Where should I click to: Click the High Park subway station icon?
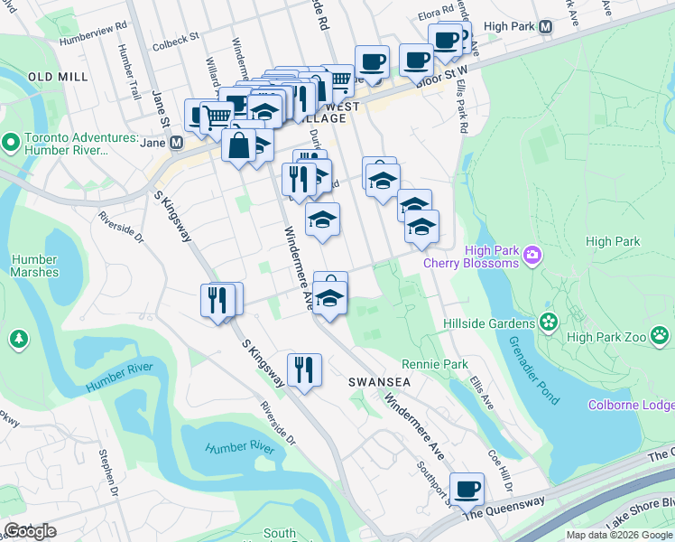pyautogui.click(x=545, y=27)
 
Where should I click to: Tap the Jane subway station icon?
pyautogui.click(x=176, y=143)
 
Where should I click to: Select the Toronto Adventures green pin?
pyautogui.click(x=10, y=142)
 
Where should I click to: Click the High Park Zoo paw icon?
pyautogui.click(x=661, y=336)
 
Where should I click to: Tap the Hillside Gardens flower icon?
pyautogui.click(x=548, y=322)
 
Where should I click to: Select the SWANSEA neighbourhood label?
pyautogui.click(x=380, y=382)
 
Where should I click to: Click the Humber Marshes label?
pyautogui.click(x=35, y=266)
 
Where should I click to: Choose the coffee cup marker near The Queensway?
pyautogui.click(x=467, y=489)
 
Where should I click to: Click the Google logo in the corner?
pyautogui.click(x=30, y=531)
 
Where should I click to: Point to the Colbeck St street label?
pyautogui.click(x=175, y=40)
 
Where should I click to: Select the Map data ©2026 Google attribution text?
pyautogui.click(x=619, y=535)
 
